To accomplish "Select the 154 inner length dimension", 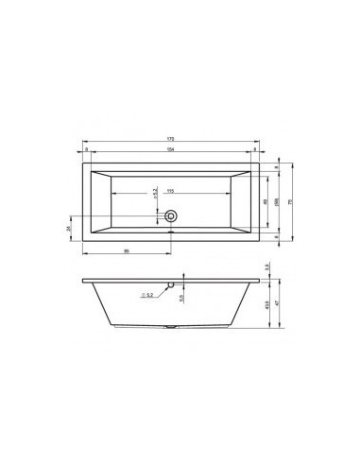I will (x=172, y=150).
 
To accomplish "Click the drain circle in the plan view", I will (x=171, y=215).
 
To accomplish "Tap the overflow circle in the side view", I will (x=171, y=284).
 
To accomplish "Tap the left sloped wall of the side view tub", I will (x=98, y=304).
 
